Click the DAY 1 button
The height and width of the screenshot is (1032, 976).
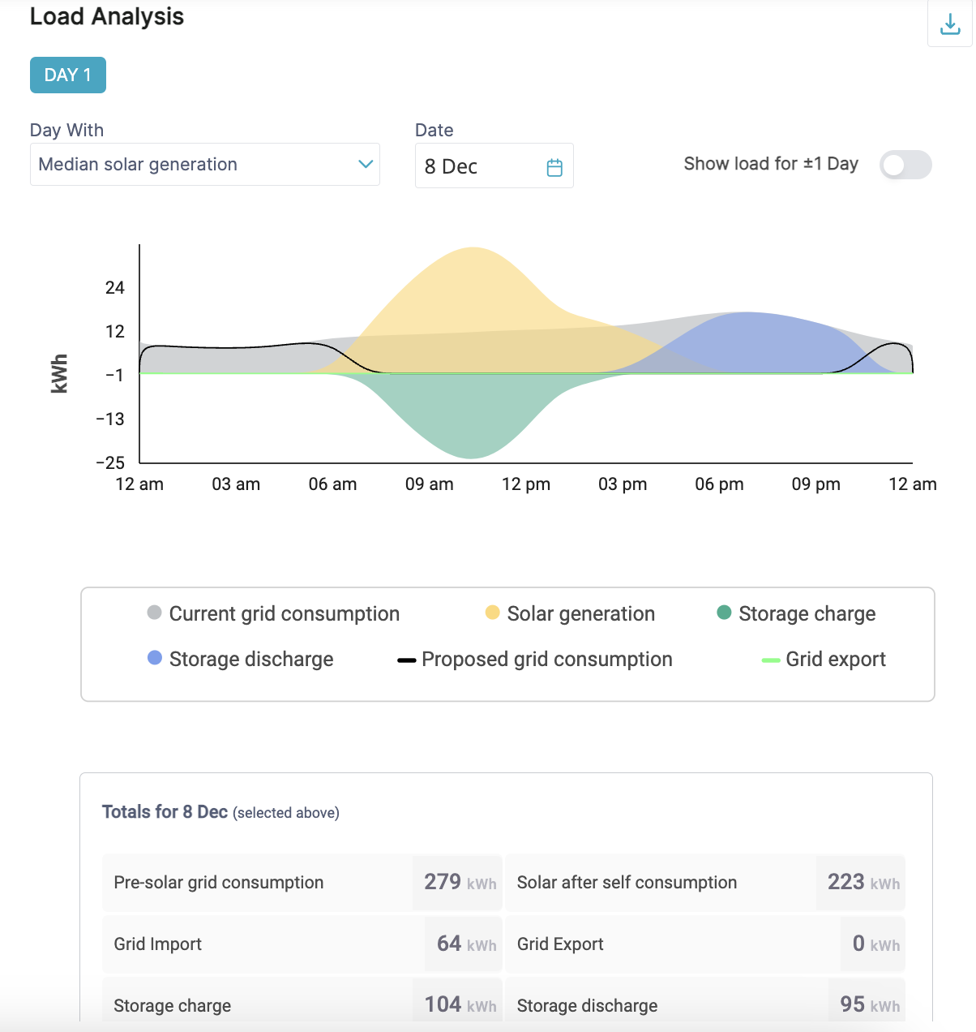[x=68, y=75]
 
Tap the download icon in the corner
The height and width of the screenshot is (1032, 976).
[x=950, y=25]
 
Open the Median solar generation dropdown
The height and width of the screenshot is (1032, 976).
[x=204, y=165]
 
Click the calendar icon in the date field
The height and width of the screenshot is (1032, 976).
[x=554, y=167]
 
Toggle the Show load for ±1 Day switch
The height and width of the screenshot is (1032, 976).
[x=905, y=165]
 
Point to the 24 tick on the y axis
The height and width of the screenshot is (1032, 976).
[x=115, y=288]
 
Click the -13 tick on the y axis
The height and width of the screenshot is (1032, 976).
[x=110, y=419]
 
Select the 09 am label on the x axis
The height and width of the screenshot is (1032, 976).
[x=429, y=484]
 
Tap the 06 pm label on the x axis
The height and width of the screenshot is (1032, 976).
[x=719, y=484]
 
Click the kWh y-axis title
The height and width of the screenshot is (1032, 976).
[x=59, y=374]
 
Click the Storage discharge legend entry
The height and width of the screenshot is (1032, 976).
[x=241, y=659]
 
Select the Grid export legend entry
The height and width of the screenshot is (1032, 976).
[x=824, y=659]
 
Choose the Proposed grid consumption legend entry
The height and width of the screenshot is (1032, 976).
[x=535, y=659]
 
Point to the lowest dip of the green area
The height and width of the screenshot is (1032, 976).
[x=470, y=455]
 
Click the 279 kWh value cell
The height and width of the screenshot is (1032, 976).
[x=458, y=882]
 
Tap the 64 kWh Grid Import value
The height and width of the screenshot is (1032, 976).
[x=464, y=944]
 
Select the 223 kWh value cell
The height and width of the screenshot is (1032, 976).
[x=862, y=882]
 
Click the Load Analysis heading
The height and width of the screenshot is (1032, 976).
[x=107, y=16]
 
